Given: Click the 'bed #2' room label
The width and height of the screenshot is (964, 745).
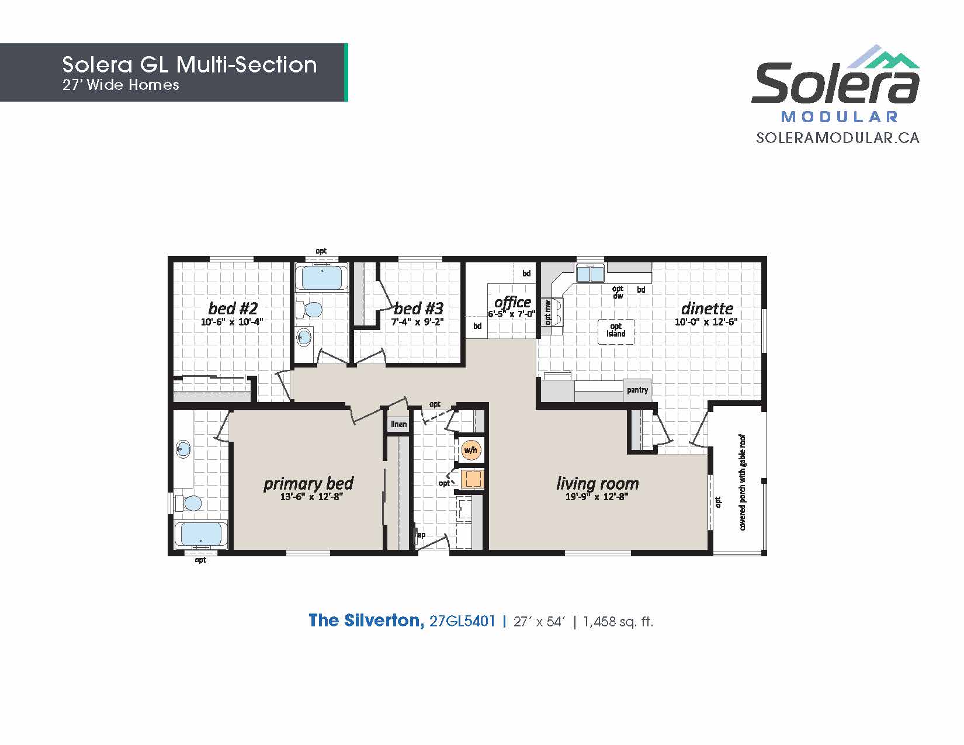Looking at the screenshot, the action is (x=233, y=308).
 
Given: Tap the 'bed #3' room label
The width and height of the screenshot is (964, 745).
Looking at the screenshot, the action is (x=419, y=308).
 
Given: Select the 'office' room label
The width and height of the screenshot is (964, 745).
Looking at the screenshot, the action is (x=513, y=302).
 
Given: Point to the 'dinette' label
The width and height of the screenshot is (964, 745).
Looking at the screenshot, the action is (x=707, y=308).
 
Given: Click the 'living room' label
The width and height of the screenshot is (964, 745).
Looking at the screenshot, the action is (x=598, y=483).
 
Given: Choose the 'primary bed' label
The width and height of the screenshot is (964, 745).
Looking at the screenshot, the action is (x=308, y=484).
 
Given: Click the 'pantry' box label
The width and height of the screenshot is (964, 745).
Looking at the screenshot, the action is (x=637, y=390).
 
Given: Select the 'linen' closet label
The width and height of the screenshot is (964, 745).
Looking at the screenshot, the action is (x=399, y=424).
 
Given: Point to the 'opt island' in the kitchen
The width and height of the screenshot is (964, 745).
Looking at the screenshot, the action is (x=616, y=331).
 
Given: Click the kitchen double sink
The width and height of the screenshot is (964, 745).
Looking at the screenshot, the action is (x=590, y=273).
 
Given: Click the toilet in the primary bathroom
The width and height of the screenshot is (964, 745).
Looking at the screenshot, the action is (x=189, y=503).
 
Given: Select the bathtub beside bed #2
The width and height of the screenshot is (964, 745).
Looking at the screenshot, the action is (x=322, y=277).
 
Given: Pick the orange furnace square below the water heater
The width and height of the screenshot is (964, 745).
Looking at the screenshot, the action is (x=471, y=479).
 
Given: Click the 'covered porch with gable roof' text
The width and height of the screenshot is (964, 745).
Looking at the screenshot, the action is (x=742, y=482).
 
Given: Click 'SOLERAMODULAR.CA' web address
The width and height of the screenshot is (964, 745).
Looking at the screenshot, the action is (x=838, y=138).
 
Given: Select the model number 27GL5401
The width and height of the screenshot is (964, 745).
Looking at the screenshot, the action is (x=462, y=621).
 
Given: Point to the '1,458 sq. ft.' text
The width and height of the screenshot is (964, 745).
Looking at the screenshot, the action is (x=618, y=622).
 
